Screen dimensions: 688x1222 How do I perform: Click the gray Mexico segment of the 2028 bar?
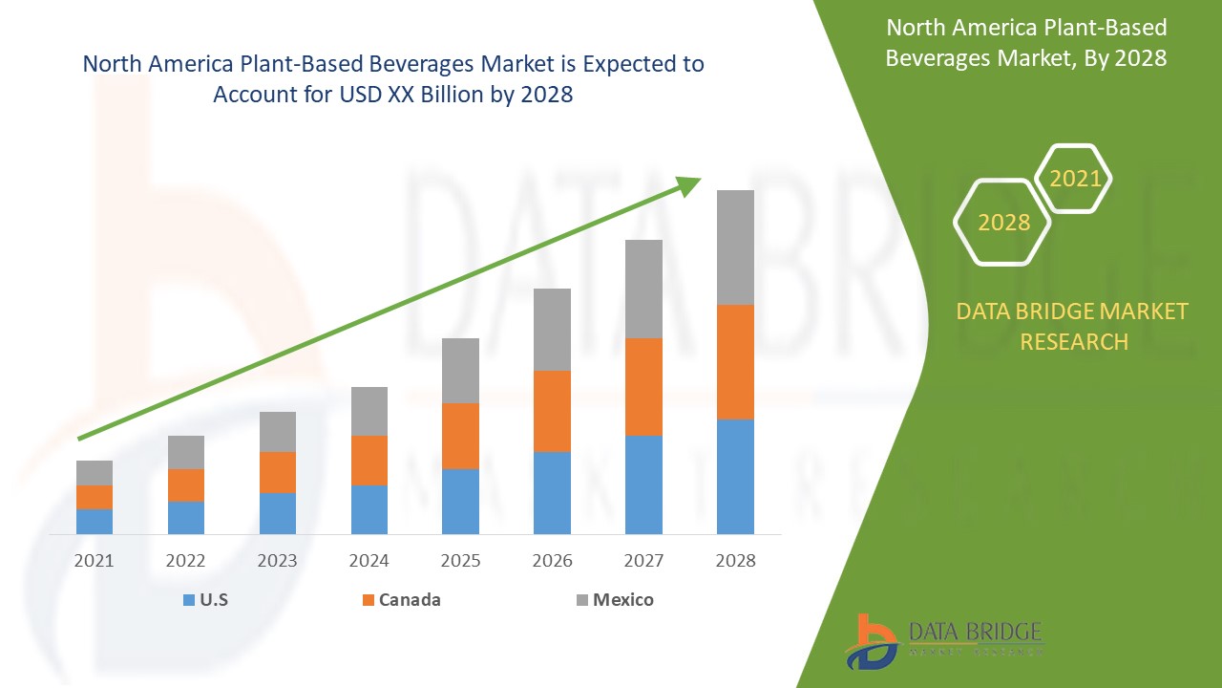[x=735, y=247]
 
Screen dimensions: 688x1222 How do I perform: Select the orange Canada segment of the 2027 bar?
[x=643, y=387]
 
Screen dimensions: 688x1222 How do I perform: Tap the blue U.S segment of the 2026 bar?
[x=552, y=492]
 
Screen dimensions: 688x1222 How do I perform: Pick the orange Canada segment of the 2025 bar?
[x=460, y=436]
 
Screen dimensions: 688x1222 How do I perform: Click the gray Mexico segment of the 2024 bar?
[x=369, y=411]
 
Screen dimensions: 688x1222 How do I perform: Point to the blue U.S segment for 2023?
[x=278, y=513]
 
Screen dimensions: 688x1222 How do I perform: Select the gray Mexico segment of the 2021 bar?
[x=95, y=473]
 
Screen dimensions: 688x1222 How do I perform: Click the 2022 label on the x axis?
[x=186, y=561]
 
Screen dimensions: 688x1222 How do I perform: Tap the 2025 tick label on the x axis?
[x=460, y=561]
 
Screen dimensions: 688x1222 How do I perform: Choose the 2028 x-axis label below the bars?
[x=735, y=561]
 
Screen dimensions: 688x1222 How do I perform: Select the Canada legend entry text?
[x=410, y=600]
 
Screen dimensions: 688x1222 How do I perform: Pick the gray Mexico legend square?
[x=581, y=600]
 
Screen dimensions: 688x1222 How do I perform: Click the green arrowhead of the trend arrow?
[x=689, y=183]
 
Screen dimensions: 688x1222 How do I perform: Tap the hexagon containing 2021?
[x=1075, y=179]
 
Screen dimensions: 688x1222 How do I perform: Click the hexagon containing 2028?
[x=1003, y=222]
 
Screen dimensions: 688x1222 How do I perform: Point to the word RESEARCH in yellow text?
[x=1074, y=341]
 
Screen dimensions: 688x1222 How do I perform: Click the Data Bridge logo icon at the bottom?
[x=871, y=641]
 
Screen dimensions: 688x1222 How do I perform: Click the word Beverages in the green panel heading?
[x=938, y=57]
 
